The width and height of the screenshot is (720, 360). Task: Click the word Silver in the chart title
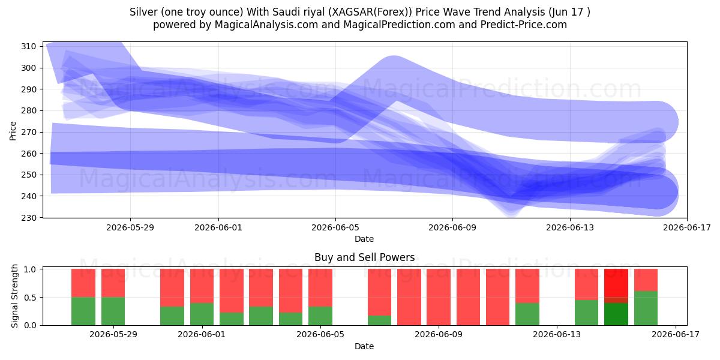point(143,12)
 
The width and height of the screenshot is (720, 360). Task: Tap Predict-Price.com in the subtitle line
point(524,25)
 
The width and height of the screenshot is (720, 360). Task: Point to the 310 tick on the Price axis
point(28,46)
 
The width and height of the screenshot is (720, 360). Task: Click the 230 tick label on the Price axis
point(28,218)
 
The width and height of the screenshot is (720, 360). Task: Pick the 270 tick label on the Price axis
point(28,132)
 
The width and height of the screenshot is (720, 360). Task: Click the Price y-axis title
point(13,131)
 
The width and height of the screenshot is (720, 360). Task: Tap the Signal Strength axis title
point(14,296)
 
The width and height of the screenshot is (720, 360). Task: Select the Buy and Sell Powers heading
point(365,257)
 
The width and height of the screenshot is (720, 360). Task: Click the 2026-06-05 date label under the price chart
point(335,227)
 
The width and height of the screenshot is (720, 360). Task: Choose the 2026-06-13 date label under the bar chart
point(557,334)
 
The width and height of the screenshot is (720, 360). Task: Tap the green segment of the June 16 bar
point(646,308)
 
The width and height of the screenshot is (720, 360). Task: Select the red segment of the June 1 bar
point(202,286)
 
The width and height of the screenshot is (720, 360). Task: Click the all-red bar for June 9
point(439,298)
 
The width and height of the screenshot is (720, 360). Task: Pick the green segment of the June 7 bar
point(380,320)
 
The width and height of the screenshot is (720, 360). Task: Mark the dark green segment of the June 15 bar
point(616,314)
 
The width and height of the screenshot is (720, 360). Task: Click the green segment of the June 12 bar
point(527,314)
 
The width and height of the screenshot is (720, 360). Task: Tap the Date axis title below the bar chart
point(364,346)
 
